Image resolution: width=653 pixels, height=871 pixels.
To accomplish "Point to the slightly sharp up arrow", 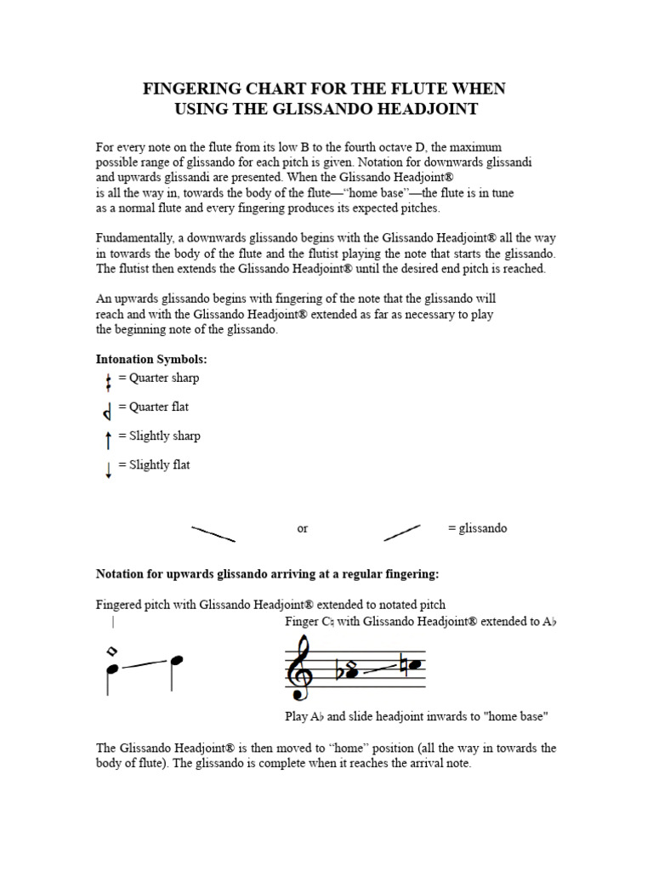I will pyautogui.click(x=108, y=439).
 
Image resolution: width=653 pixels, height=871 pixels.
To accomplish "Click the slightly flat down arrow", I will pyautogui.click(x=108, y=468).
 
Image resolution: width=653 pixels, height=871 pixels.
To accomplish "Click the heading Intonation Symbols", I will pyautogui.click(x=151, y=360).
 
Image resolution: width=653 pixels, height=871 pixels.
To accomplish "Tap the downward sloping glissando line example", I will pyautogui.click(x=213, y=533).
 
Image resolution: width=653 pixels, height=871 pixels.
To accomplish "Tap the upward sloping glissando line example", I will pyautogui.click(x=402, y=532).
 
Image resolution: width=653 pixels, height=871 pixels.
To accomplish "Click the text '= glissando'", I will pyautogui.click(x=477, y=528).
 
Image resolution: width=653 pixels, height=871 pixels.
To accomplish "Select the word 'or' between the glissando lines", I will pyautogui.click(x=303, y=528).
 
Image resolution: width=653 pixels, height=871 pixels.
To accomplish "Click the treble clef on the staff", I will pyautogui.click(x=301, y=669).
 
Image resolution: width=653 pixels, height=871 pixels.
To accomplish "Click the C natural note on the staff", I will pyautogui.click(x=414, y=663).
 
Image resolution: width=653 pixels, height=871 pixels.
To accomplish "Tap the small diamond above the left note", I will pyautogui.click(x=111, y=652).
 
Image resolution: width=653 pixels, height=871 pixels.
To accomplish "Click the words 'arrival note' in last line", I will pyautogui.click(x=440, y=763).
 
